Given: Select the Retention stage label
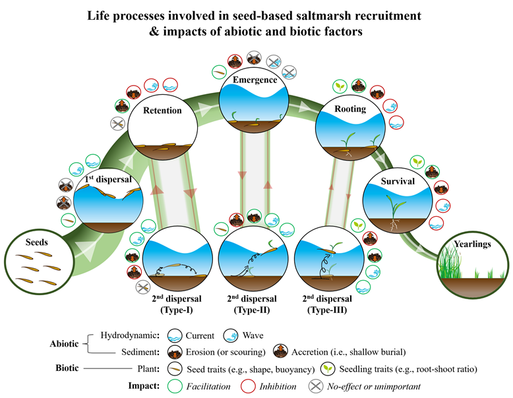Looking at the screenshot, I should pyautogui.click(x=162, y=110).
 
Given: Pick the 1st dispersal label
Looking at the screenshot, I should pyautogui.click(x=106, y=179).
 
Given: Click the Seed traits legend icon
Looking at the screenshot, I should pyautogui.click(x=177, y=368).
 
